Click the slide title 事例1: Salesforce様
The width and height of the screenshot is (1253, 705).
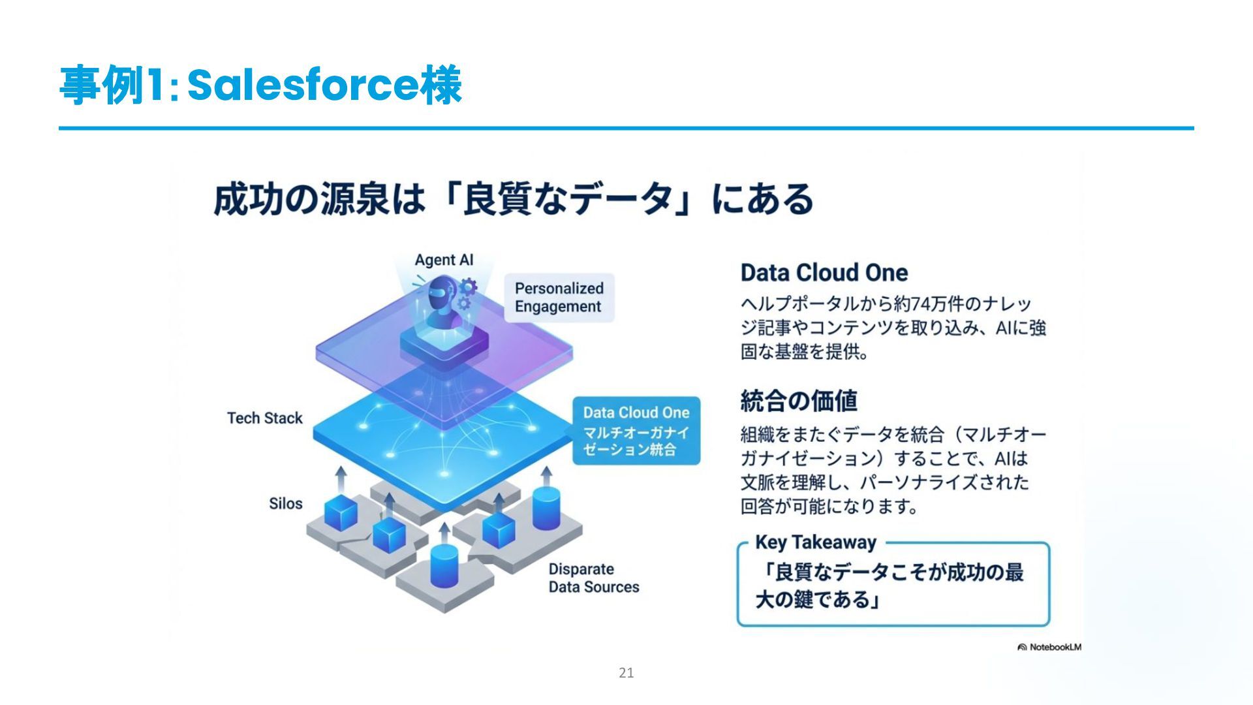pyautogui.click(x=261, y=86)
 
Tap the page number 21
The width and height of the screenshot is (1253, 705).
pyautogui.click(x=626, y=673)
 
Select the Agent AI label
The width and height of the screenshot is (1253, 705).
pyautogui.click(x=444, y=260)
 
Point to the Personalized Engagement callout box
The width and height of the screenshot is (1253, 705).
pyautogui.click(x=559, y=298)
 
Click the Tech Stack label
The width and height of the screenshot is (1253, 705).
pyautogui.click(x=264, y=418)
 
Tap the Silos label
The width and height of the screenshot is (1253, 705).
pyautogui.click(x=286, y=503)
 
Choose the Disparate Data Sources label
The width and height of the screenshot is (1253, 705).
pyautogui.click(x=593, y=578)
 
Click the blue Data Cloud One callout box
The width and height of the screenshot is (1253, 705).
pyautogui.click(x=636, y=431)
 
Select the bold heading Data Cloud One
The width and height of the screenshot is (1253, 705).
pyautogui.click(x=824, y=272)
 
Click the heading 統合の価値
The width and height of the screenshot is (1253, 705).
pyautogui.click(x=799, y=400)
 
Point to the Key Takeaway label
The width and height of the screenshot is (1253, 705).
pyautogui.click(x=815, y=542)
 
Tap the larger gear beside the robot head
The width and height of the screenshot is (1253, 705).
pyautogui.click(x=468, y=287)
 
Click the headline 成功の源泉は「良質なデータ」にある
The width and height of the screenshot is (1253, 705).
pyautogui.click(x=513, y=199)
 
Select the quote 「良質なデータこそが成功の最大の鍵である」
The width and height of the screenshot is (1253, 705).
pyautogui.click(x=888, y=586)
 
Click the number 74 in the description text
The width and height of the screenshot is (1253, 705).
pyautogui.click(x=920, y=304)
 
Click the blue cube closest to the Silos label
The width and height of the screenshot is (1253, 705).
pyautogui.click(x=341, y=512)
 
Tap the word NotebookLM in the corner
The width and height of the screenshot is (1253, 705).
pyautogui.click(x=1055, y=647)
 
